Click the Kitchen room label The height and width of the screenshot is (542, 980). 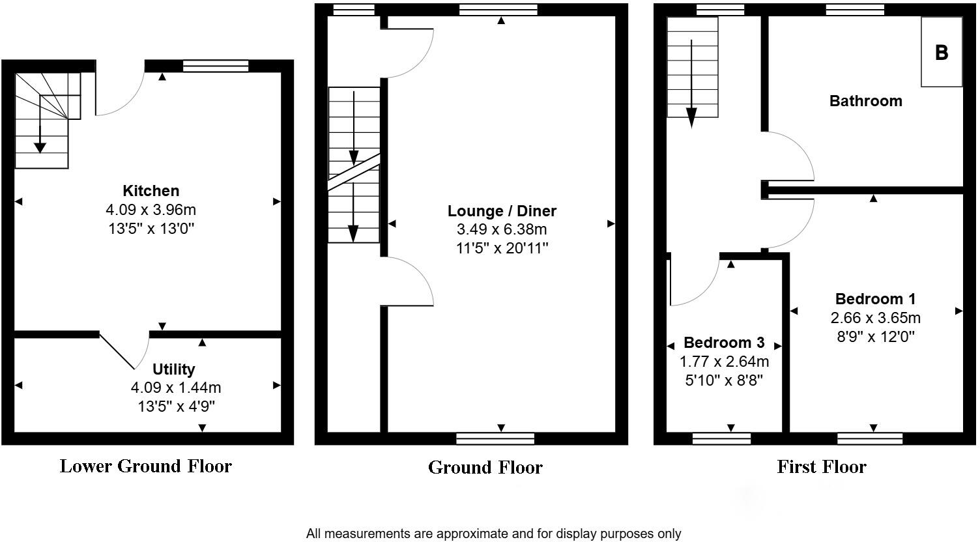pos(151,191)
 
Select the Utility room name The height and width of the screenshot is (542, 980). pos(173,369)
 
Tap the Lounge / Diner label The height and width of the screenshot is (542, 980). pos(502,211)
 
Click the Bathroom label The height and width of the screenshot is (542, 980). pos(865,101)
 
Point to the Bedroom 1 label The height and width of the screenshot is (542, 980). pos(875,299)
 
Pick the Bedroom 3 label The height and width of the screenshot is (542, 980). pos(723,343)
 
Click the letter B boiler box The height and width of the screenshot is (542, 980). pos(941,52)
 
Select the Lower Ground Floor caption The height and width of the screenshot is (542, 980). pos(145,466)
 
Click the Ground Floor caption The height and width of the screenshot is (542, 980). pos(485,468)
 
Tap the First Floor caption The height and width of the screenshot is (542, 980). pos(821,467)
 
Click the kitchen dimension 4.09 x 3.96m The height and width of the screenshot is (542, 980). pos(151,210)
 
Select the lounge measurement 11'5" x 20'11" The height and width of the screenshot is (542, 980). pos(502,248)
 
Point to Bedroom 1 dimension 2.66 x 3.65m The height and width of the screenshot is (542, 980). pos(875,318)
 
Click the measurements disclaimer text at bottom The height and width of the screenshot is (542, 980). pos(493,534)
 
